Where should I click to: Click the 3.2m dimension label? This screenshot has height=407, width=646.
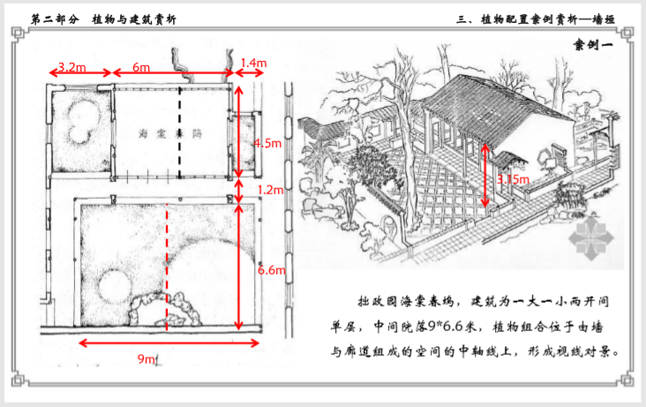(71, 66)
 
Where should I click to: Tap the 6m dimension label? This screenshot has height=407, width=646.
(141, 66)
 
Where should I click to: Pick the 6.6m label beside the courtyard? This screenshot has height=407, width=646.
(271, 270)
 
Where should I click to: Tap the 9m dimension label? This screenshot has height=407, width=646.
(147, 358)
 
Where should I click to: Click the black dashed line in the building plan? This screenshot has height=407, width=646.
(180, 132)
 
